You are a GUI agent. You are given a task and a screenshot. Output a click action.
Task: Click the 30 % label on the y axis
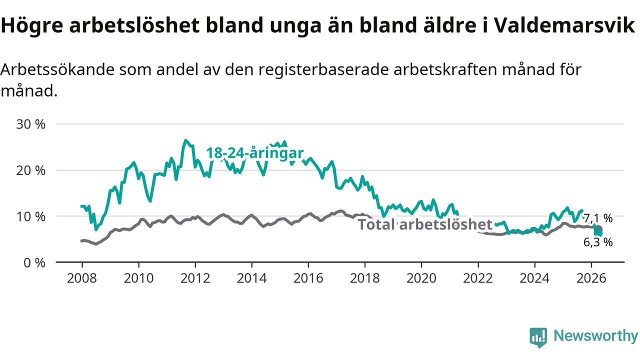31,124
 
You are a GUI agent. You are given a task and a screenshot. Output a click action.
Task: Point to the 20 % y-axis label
31,170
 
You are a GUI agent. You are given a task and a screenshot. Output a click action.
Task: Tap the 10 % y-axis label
31,217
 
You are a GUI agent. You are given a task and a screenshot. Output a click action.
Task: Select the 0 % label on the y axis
34,263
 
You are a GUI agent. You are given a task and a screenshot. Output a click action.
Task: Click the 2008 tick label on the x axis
82,278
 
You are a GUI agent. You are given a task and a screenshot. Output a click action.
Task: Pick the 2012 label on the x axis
195,278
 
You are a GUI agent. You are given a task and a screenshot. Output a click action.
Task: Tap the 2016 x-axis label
308,278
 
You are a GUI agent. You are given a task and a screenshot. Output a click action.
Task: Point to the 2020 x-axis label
421,278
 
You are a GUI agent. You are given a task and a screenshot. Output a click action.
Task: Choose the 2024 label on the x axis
534,278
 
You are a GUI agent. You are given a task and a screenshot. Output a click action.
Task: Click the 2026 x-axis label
591,278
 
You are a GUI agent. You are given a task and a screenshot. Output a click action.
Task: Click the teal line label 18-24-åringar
255,153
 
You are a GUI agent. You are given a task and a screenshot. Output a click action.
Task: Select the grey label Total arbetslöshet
425,224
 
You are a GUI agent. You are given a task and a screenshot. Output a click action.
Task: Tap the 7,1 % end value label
598,218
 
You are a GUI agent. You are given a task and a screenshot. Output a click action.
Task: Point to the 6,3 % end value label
598,242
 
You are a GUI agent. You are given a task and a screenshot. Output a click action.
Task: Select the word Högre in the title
32,25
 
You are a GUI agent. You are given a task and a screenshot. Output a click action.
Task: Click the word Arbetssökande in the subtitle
57,69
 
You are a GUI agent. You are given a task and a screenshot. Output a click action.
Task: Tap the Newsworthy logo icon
538,337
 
